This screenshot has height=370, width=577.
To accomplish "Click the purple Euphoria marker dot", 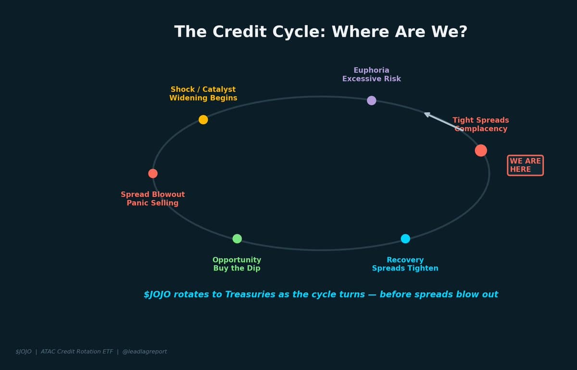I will [x=372, y=101].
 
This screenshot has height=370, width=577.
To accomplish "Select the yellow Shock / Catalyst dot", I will [x=203, y=120].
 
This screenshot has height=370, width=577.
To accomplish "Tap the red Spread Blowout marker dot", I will [x=153, y=174].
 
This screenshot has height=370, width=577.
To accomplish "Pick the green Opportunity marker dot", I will [x=237, y=239].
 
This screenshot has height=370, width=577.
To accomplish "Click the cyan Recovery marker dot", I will [x=405, y=239].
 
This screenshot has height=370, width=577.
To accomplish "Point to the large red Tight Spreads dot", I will [x=481, y=151].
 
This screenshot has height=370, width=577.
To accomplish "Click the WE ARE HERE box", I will [x=525, y=166].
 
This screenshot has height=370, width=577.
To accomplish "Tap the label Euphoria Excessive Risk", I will [x=372, y=75].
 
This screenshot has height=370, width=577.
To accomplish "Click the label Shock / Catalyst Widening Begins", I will [x=203, y=94].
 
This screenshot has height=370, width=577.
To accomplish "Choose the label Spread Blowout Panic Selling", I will [x=153, y=199].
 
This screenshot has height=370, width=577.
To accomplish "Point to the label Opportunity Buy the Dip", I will [x=237, y=264].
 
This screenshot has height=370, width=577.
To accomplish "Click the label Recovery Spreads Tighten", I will [x=405, y=264].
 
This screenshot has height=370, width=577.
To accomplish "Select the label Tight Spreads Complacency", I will [x=481, y=125].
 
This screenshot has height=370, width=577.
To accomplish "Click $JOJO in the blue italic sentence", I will [x=157, y=294].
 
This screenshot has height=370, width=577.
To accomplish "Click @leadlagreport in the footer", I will [x=145, y=352].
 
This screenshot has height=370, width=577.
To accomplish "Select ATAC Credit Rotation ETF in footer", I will [x=77, y=352].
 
